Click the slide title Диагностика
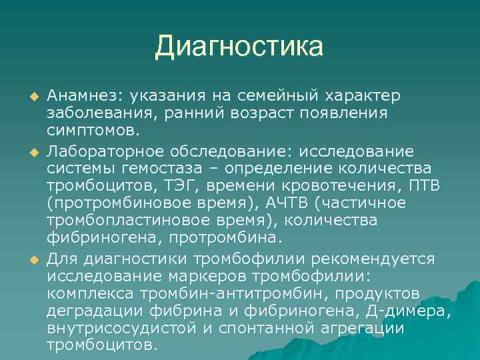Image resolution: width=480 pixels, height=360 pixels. [x=239, y=47]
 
